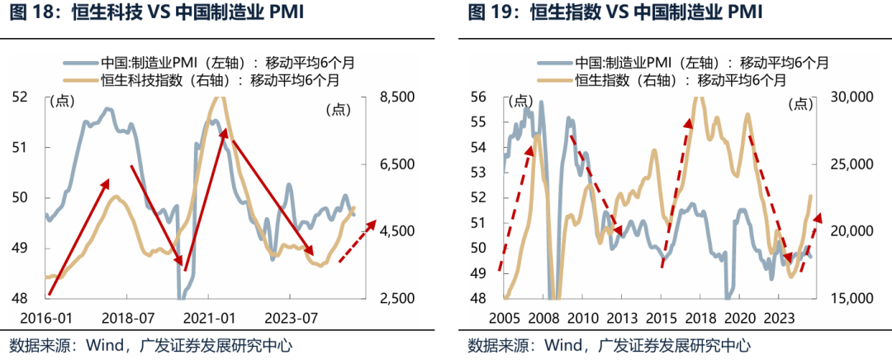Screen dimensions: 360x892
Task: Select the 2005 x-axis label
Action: point(504,317)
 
